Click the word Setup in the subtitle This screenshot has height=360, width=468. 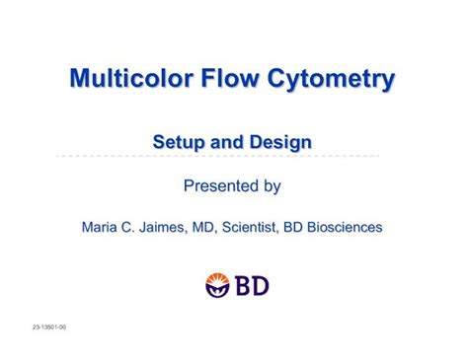pyautogui.click(x=178, y=143)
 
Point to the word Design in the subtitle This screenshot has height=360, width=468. pyautogui.click(x=280, y=144)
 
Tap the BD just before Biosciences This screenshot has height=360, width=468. pyautogui.click(x=293, y=228)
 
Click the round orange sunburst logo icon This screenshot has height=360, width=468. pyautogui.click(x=217, y=286)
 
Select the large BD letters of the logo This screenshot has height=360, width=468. pyautogui.click(x=252, y=286)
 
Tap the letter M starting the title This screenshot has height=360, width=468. pyautogui.click(x=80, y=78)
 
